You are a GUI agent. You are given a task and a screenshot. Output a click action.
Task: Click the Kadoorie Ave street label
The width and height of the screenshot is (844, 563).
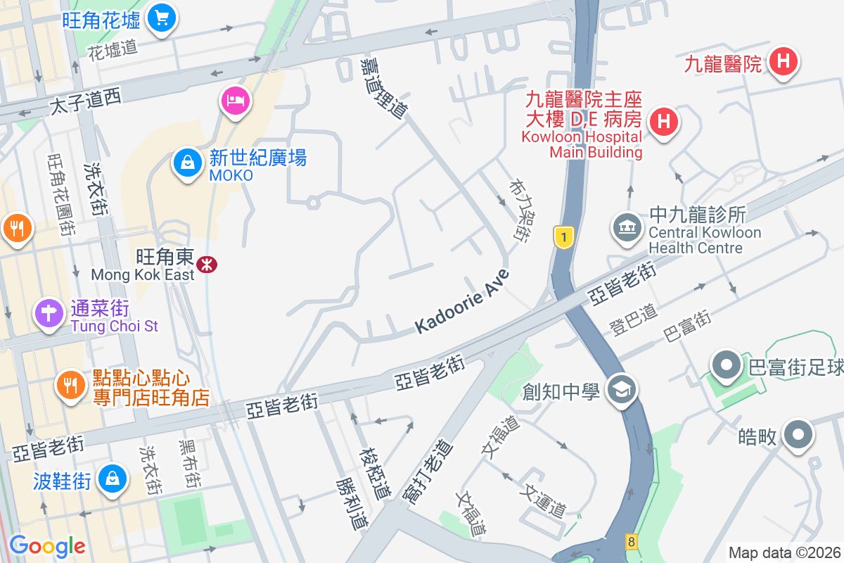[x=461, y=301]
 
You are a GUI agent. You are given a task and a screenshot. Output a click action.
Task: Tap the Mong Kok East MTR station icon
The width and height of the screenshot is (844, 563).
[x=207, y=265]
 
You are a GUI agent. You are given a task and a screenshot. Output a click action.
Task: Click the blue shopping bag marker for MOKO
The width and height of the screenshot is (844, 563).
[x=188, y=163]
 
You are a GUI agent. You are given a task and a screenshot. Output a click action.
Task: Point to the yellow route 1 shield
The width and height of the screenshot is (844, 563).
[x=563, y=237]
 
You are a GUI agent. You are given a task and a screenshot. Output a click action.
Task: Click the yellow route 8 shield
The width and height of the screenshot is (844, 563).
[x=631, y=542]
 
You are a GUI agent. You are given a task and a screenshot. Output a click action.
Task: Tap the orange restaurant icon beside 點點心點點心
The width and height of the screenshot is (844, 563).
[x=70, y=384]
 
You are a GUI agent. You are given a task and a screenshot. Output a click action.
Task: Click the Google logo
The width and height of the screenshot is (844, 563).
[x=47, y=546]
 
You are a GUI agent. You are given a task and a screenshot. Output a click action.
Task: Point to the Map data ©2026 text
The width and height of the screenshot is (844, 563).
[x=784, y=553]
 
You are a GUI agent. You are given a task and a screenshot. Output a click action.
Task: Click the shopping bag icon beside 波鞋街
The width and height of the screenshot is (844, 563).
[x=112, y=479]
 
